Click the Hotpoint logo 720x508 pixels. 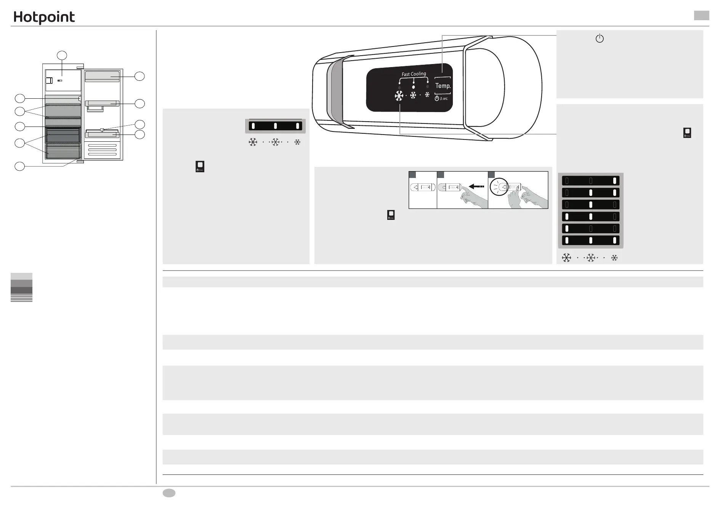point(44,18)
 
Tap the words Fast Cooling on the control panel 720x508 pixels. point(414,74)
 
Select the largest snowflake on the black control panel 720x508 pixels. point(399,96)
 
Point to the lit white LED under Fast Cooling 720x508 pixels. point(414,87)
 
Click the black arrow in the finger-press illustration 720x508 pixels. point(476,186)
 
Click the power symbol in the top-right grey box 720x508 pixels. point(600,38)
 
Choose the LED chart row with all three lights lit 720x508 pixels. point(591,240)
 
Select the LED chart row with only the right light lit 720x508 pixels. point(591,181)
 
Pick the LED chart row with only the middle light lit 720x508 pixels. point(591,205)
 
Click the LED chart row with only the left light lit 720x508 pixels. point(591,229)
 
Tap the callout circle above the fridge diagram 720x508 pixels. point(62,55)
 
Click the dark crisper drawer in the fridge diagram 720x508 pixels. point(63,135)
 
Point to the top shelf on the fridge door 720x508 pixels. point(102,76)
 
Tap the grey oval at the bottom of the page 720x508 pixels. point(169,493)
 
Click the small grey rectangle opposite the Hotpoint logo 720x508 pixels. point(701,15)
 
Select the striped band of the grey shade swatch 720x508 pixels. point(21,298)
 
